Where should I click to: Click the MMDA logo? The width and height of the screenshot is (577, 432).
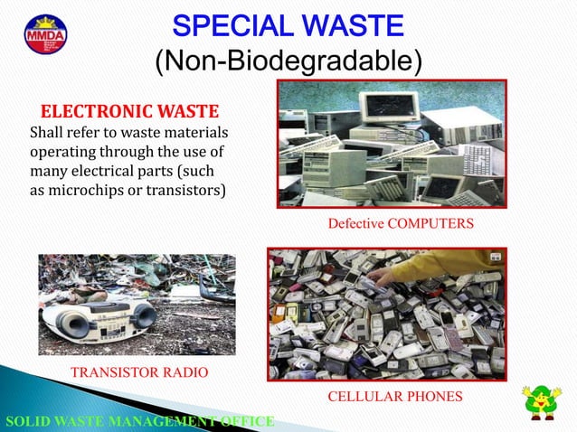coord(45,34)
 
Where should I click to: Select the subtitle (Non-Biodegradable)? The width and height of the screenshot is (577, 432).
coord(288,61)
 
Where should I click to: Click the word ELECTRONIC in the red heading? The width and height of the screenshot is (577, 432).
coord(88,112)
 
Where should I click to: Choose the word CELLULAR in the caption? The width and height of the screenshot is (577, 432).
coord(363,396)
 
